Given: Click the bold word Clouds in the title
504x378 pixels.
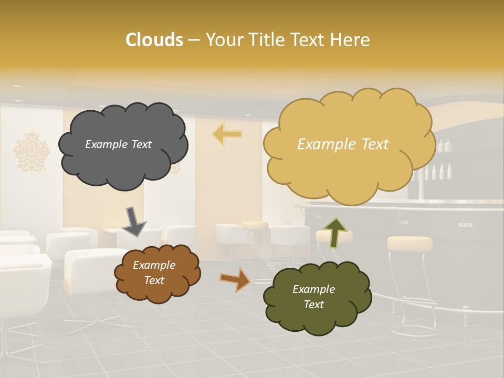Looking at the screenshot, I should click(x=154, y=40).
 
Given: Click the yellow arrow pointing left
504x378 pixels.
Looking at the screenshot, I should click(x=227, y=134).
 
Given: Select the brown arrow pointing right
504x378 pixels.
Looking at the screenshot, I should click(x=235, y=279).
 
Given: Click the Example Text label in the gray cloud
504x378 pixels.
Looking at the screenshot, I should click(x=118, y=144).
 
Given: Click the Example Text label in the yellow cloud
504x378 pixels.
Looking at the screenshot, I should click(x=343, y=144).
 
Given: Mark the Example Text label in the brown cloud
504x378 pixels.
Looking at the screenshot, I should click(x=154, y=273).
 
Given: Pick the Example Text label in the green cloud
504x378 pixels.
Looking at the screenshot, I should click(x=313, y=297).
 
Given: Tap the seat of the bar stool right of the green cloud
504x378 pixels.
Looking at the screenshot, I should click(x=409, y=243).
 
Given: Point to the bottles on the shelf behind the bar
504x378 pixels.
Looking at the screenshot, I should click(x=438, y=171).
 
